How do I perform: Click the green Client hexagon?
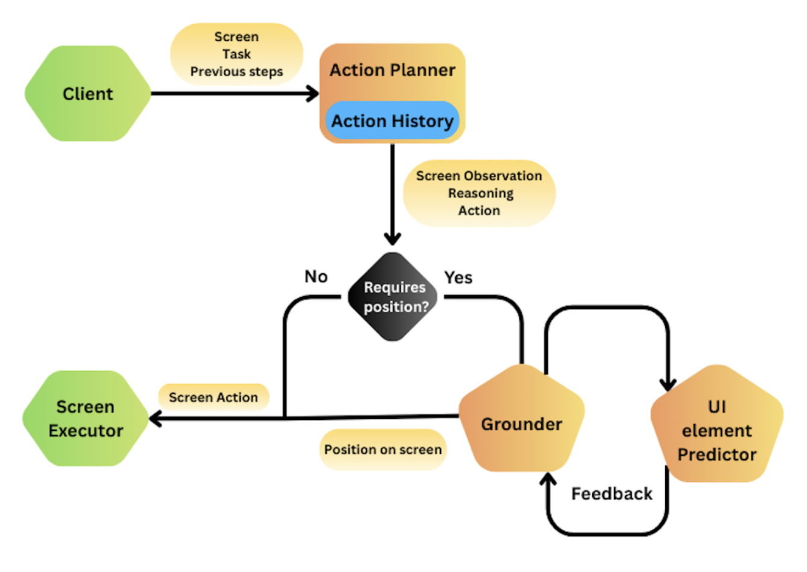coord(87,94)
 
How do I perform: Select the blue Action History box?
coord(393,121)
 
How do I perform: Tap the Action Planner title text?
coord(393,70)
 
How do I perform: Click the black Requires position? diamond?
coord(393,296)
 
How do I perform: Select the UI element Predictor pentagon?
coord(717,430)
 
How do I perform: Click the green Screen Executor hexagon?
coord(86,418)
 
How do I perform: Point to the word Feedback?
coord(612,494)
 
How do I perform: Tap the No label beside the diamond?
coord(316,276)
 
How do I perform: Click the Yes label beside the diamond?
coord(458,278)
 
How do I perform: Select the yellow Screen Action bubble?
coord(214,397)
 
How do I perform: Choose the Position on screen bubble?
coord(383,450)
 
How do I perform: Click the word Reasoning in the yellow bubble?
coord(481,193)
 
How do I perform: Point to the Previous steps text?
coord(236,71)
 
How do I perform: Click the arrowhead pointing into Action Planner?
coord(313,94)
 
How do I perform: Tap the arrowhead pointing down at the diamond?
coord(393,238)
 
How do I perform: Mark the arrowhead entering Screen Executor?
coord(156,418)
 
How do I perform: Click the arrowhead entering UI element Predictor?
coord(668,384)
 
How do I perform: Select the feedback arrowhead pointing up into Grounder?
coord(548,480)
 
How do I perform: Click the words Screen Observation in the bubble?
coord(479,176)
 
